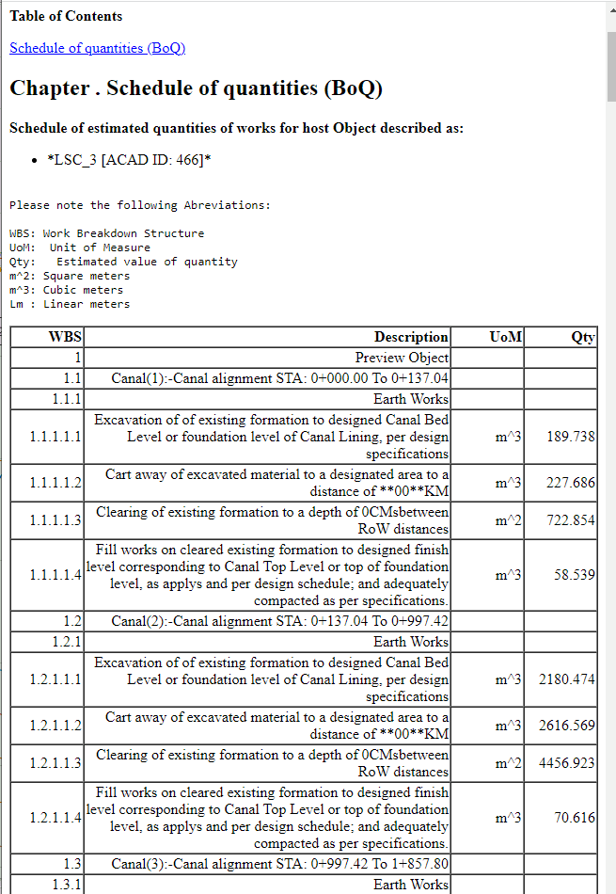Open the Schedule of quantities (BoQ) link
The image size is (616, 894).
(x=97, y=48)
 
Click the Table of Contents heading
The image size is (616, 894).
(x=66, y=16)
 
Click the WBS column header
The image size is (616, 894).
(x=65, y=337)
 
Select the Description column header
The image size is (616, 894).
(x=411, y=337)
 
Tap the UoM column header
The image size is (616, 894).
(x=506, y=337)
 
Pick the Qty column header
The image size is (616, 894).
(x=583, y=337)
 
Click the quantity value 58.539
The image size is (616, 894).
(x=575, y=574)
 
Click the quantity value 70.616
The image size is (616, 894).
(x=575, y=817)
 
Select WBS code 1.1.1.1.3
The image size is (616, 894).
(x=55, y=520)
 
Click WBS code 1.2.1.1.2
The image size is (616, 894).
(x=55, y=726)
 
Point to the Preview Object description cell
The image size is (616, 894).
(x=402, y=358)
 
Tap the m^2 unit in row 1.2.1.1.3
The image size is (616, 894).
(x=508, y=763)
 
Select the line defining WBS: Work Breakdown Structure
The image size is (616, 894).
(x=106, y=233)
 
